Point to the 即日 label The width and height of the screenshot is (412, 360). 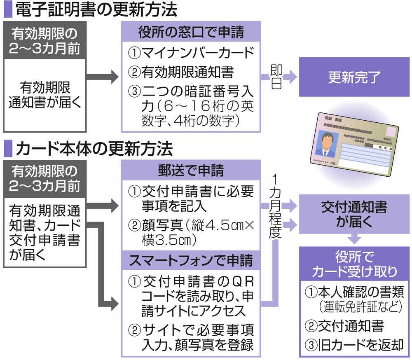(x=276, y=77)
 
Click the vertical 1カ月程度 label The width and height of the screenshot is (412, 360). (x=276, y=206)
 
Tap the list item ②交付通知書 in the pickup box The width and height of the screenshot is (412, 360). (x=344, y=326)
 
